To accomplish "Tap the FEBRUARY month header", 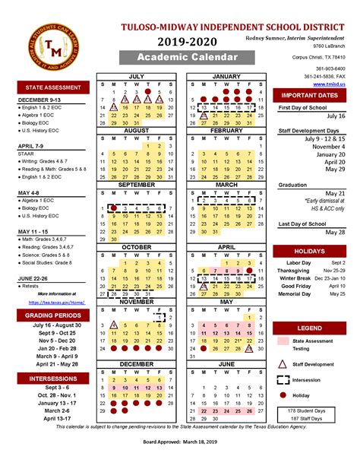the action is [226, 130].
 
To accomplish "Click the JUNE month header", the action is [226, 364].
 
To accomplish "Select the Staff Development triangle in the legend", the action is [283, 366].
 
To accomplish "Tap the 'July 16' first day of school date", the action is [335, 117].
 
